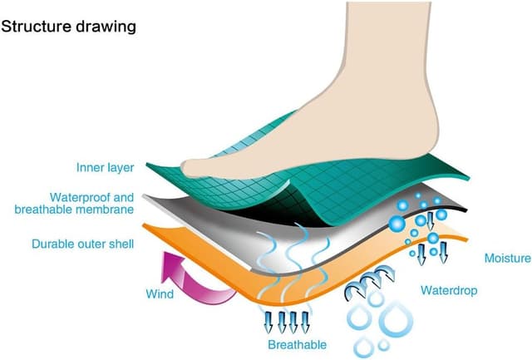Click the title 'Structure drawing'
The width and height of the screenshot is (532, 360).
(69, 26)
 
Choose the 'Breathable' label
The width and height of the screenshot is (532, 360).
(297, 344)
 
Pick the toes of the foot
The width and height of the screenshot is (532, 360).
(199, 167)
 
